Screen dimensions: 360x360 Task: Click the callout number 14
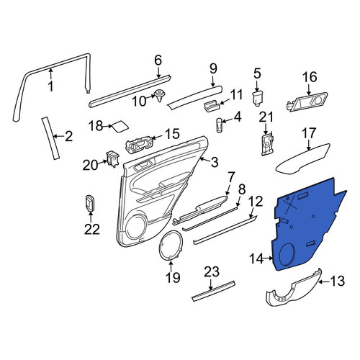257,259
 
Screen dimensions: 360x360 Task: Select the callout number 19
173,278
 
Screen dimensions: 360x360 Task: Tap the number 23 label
212,272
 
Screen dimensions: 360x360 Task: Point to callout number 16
310,77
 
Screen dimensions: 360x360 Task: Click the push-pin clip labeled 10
160,95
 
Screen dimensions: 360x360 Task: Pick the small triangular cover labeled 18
120,127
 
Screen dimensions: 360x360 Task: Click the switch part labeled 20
112,158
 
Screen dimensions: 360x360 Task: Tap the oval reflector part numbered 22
90,204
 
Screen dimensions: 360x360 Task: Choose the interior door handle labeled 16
307,102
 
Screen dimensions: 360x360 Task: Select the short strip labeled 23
213,291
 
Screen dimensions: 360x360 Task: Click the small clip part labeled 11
212,106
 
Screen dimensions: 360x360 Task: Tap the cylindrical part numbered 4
220,125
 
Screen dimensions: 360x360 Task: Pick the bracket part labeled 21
267,145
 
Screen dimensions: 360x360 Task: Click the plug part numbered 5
258,98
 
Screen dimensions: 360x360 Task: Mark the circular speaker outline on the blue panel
287,255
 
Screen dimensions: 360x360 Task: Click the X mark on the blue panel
291,204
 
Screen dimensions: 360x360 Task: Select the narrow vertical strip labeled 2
50,138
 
